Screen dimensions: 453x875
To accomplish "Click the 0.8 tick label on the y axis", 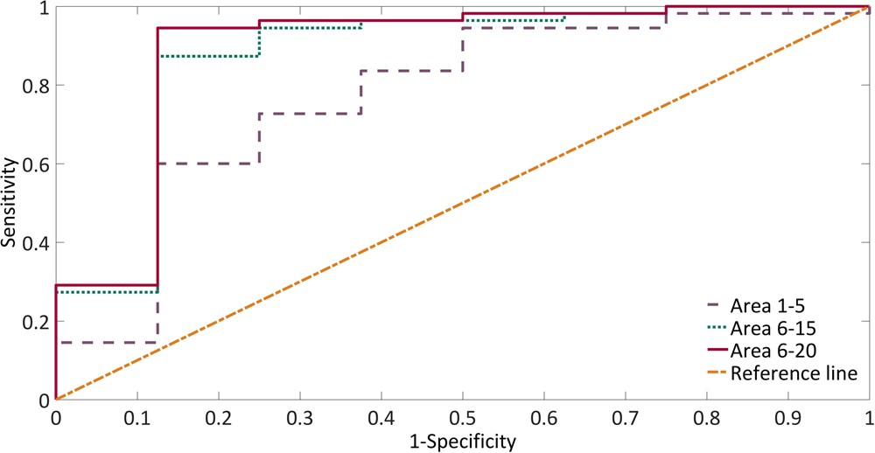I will pos(35,86).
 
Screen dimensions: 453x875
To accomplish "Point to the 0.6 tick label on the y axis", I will pos(35,164).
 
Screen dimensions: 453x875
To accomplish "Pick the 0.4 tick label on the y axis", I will pos(35,242).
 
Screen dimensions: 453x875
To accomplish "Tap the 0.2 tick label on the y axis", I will pos(35,321).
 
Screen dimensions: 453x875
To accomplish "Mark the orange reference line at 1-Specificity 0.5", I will pos(462,204).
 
